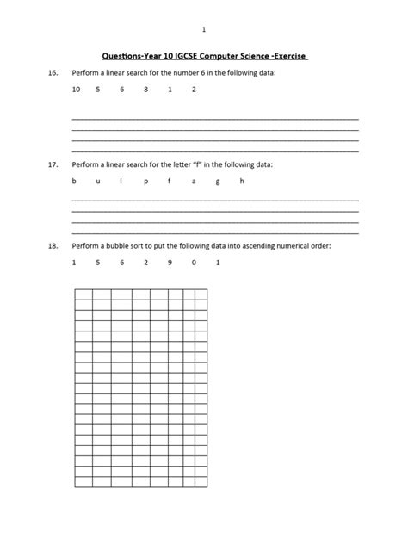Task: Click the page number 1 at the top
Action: pyautogui.click(x=204, y=30)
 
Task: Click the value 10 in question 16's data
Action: pyautogui.click(x=76, y=90)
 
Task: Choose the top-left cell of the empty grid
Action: pyautogui.click(x=83, y=294)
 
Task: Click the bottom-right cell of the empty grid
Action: pyautogui.click(x=201, y=480)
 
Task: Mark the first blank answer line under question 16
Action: pyautogui.click(x=215, y=118)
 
